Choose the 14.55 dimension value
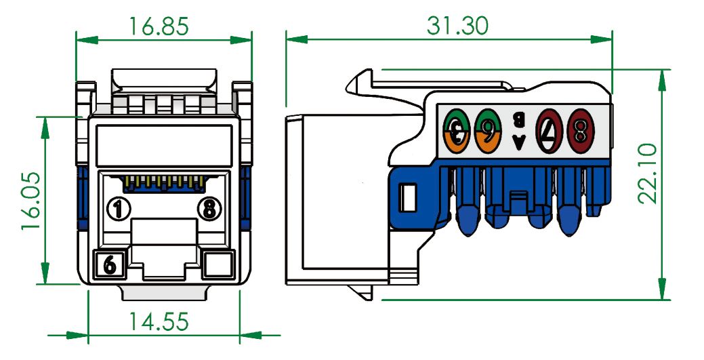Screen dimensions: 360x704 (x=161, y=321)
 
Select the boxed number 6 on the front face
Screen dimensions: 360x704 (x=110, y=264)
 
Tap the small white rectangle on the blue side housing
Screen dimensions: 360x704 (x=408, y=197)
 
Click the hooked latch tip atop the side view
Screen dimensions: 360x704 (x=359, y=83)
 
